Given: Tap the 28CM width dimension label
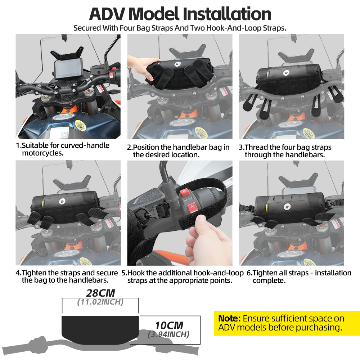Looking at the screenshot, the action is [x=100, y=293].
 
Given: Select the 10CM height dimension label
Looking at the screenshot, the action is [x=169, y=325].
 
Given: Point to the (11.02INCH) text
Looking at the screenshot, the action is [x=100, y=302].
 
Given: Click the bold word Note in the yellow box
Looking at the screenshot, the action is [x=229, y=319].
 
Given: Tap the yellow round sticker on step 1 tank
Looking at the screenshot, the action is [x=80, y=125].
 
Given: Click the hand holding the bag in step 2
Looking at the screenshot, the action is [x=140, y=67].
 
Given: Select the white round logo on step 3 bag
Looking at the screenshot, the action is [x=286, y=73].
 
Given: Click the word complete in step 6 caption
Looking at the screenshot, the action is [x=269, y=280].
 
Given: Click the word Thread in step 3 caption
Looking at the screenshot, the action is [x=257, y=147].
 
